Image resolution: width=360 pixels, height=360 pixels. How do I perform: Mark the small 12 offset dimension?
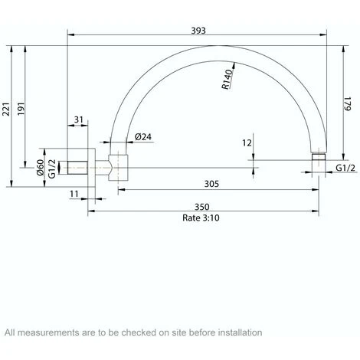pos(247,143)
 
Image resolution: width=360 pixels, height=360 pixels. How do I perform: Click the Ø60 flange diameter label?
pos(41,167)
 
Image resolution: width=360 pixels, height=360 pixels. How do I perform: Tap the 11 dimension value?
pos(74,195)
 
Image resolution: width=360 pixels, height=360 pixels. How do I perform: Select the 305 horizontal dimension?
pos(212,184)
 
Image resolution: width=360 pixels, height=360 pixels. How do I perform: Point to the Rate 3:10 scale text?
pos(201,218)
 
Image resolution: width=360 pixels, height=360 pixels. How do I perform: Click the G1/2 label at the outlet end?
pos(344,167)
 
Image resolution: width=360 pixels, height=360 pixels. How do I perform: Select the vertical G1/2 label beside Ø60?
pos(52,167)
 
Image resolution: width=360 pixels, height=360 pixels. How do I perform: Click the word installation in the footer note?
pos(240,332)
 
